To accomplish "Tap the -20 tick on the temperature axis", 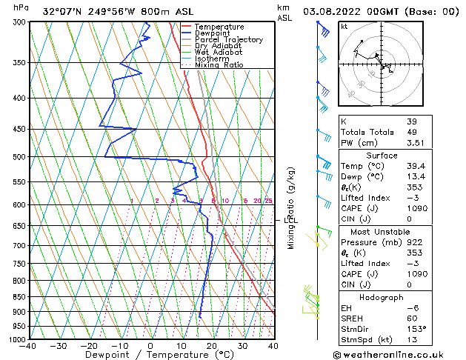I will coord(88,345).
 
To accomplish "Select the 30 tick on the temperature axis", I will coord(242,345).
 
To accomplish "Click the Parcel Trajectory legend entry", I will coord(228,39).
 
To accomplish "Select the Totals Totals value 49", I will coord(411,132).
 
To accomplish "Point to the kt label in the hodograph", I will coord(344,27).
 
